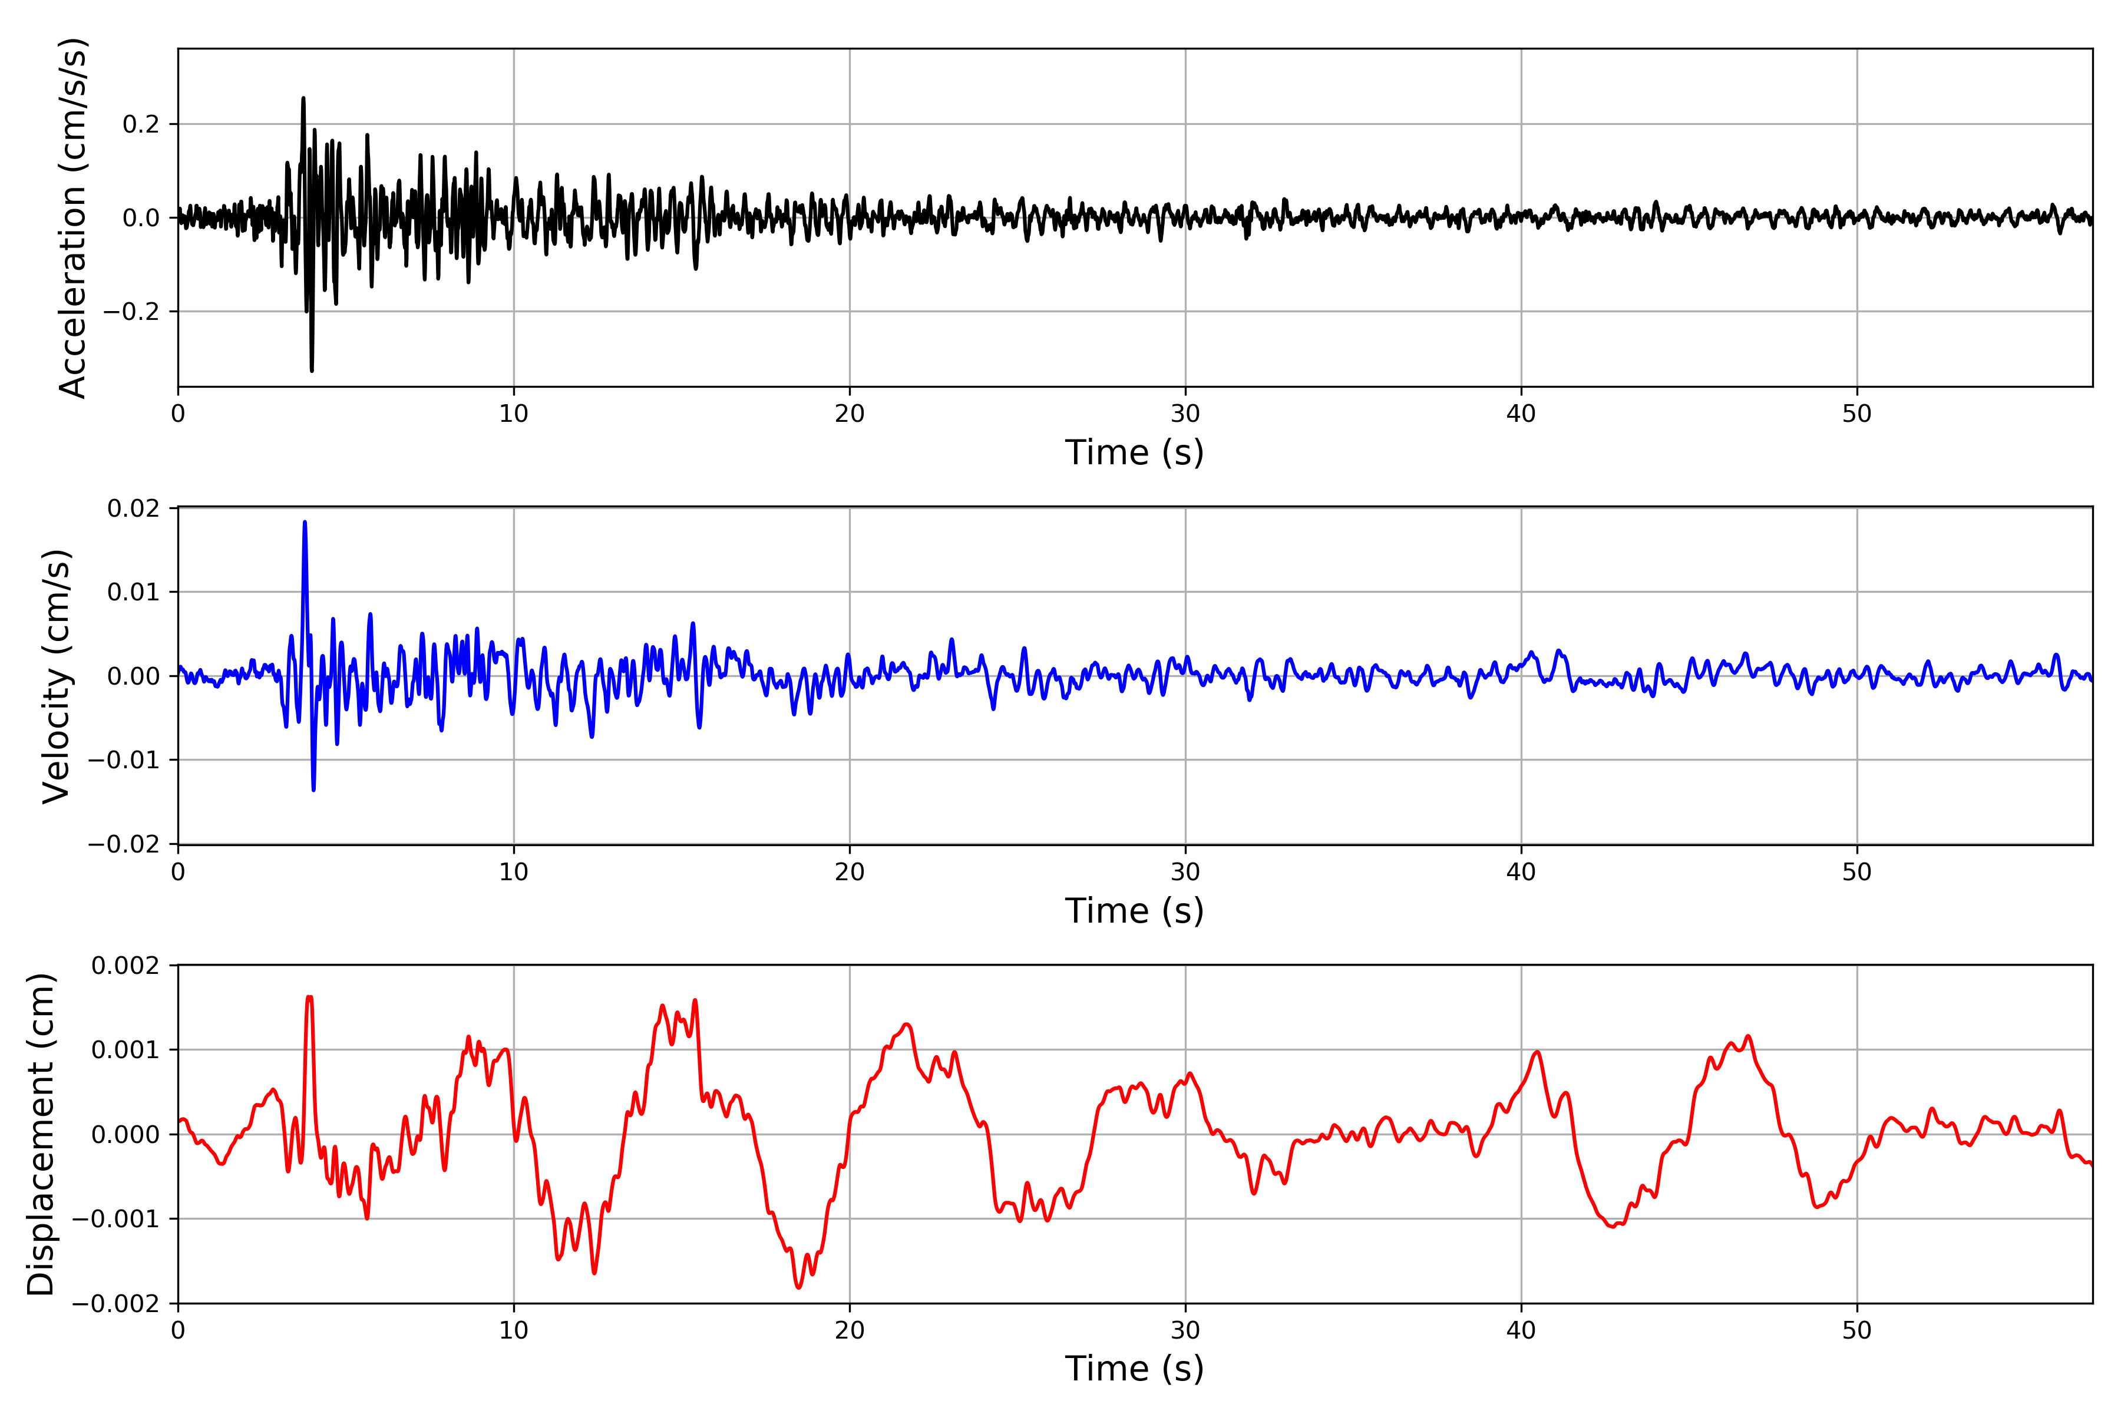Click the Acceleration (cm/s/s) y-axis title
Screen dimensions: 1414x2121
[72, 217]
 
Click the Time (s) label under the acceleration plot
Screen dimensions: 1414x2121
[1135, 452]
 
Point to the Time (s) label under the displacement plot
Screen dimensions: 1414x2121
[1135, 1368]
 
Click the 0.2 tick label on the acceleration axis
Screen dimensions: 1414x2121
[141, 124]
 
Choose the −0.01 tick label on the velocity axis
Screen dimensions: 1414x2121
[124, 760]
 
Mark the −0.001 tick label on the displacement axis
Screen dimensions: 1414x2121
[115, 1219]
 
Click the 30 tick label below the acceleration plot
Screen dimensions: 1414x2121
[1185, 414]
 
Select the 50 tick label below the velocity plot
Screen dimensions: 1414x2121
[1857, 872]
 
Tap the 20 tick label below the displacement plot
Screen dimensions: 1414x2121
[850, 1330]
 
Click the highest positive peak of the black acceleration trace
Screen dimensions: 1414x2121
[303, 98]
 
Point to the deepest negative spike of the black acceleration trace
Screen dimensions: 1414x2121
[312, 370]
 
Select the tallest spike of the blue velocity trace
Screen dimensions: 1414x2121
[305, 522]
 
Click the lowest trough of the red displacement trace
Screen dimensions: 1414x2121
[798, 1287]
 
